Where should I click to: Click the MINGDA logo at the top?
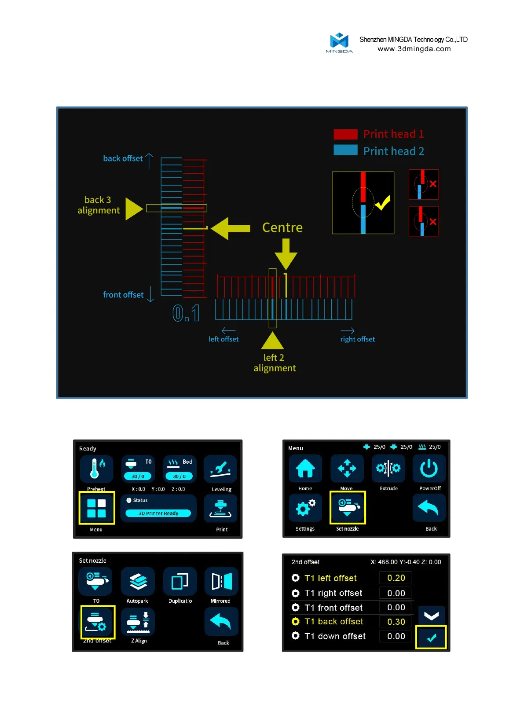coord(339,42)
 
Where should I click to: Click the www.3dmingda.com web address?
coord(414,49)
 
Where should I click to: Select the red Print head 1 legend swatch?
coord(345,134)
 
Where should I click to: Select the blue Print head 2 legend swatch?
coord(345,150)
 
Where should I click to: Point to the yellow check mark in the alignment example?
coord(382,203)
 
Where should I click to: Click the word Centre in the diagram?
coord(282,227)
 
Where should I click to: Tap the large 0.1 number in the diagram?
coord(186,313)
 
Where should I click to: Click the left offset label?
coord(224,339)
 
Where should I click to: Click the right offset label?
coord(357,339)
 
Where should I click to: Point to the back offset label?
coord(123,158)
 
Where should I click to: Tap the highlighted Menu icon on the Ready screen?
coord(96,508)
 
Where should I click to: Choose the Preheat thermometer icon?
coord(96,469)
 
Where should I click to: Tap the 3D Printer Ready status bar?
coord(158,513)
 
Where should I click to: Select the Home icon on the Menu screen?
coord(305,469)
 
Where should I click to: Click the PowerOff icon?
coord(429,469)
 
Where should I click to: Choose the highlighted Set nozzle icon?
coord(348,508)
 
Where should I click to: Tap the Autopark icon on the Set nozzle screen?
coord(138,582)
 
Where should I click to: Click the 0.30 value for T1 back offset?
coord(396,622)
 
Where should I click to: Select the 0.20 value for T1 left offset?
coord(396,578)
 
